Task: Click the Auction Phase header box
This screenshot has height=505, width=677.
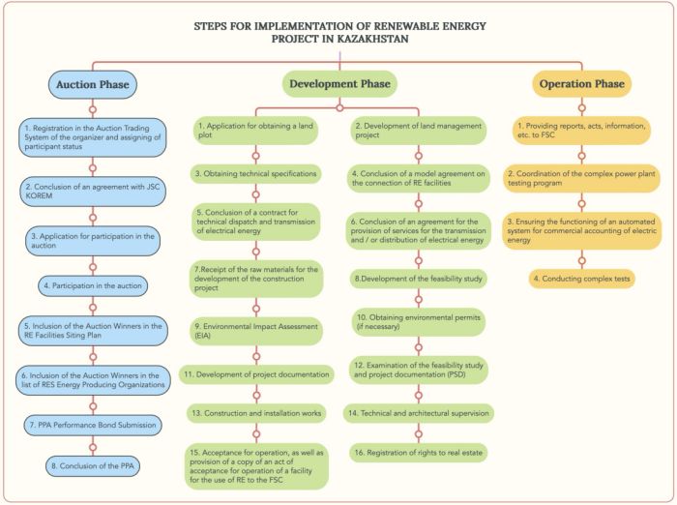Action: [x=92, y=84]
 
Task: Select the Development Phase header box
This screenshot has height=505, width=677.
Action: [x=337, y=84]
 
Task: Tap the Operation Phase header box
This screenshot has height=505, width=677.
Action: [x=581, y=84]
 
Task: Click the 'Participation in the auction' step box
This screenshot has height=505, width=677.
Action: [x=92, y=285]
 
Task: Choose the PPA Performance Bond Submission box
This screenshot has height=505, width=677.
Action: [x=92, y=424]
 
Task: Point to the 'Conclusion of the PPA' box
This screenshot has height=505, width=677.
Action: [x=92, y=465]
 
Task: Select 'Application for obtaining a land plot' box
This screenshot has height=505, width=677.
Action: [x=255, y=131]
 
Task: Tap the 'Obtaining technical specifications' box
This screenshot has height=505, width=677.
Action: [x=255, y=173]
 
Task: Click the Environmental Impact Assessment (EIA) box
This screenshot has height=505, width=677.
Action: [x=255, y=332]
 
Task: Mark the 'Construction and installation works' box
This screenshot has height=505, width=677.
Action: [x=255, y=412]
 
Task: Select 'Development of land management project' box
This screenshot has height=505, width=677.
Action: [x=418, y=131]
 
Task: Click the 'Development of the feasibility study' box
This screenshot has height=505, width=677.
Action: [x=418, y=278]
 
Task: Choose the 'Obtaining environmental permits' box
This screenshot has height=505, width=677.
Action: [x=418, y=321]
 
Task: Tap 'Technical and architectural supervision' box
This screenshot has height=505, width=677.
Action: [x=418, y=412]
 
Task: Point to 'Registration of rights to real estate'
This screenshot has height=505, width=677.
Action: [x=418, y=452]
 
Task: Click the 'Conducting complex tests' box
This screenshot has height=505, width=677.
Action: [x=581, y=278]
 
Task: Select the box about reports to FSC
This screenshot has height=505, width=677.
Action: [x=581, y=131]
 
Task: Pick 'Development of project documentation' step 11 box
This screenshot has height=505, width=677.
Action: [x=255, y=372]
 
